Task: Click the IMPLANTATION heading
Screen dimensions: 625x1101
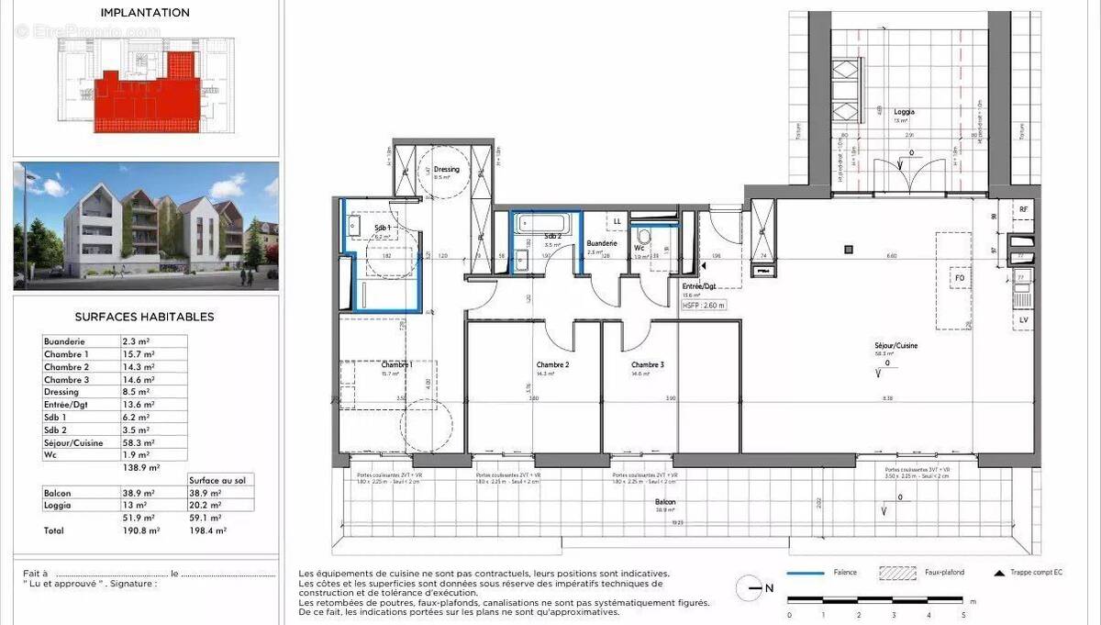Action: coord(145,13)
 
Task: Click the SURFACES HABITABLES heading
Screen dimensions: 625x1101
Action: coord(144,317)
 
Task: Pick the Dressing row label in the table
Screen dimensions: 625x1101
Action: coord(61,392)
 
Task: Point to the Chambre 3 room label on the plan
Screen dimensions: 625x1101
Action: coord(647,364)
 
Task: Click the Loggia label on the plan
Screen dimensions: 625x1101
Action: coord(904,112)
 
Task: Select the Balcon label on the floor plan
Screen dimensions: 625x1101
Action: coord(665,502)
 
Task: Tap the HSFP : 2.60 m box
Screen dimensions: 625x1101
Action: coord(704,306)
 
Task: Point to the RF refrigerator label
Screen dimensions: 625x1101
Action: coord(1024,210)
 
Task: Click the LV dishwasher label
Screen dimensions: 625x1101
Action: coord(1024,318)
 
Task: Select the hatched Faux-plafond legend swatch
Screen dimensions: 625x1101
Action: coord(898,573)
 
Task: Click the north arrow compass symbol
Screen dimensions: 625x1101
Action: coord(750,587)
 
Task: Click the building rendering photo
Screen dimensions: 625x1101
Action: coord(145,226)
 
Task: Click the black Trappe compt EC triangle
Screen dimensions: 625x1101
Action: coord(999,573)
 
